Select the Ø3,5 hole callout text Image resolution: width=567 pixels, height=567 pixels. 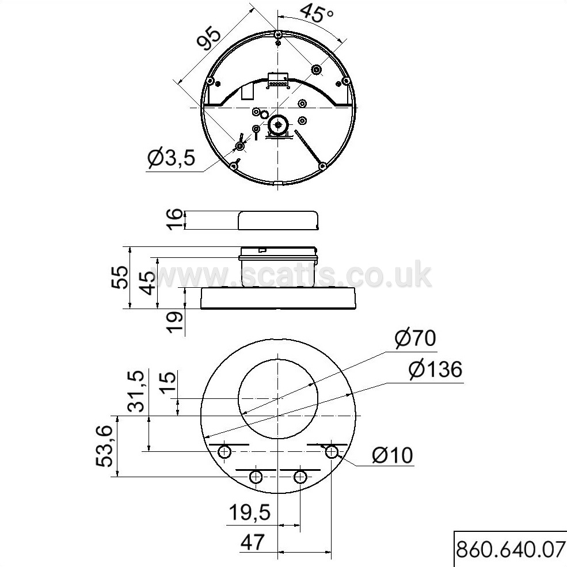(x=172, y=158)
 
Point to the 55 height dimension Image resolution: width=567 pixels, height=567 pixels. (x=119, y=277)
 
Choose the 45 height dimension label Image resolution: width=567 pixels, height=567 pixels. (x=147, y=283)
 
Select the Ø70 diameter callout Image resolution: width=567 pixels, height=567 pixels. (x=415, y=338)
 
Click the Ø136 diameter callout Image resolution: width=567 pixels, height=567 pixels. (x=435, y=369)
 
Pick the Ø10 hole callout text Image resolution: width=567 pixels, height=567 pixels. (x=393, y=455)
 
